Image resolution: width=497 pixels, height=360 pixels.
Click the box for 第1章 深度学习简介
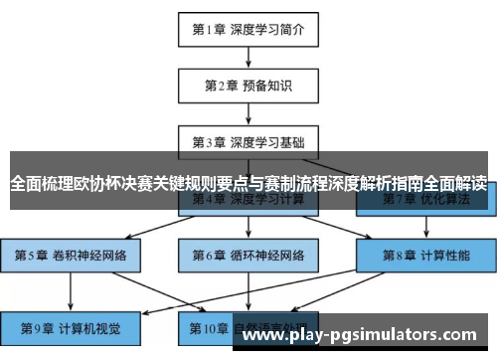[x=248, y=30]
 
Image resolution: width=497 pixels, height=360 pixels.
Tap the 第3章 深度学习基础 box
[x=248, y=142]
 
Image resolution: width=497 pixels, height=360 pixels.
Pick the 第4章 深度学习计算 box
[x=248, y=200]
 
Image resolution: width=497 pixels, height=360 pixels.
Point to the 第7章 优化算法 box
[x=424, y=200]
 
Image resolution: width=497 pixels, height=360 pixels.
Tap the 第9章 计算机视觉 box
[x=71, y=325]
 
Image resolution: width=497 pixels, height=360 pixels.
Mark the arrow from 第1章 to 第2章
[x=248, y=58]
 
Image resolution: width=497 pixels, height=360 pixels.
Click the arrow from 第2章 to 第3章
[x=248, y=114]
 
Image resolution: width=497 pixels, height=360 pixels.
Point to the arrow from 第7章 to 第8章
[x=424, y=228]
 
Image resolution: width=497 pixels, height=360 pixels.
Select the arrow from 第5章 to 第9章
[x=71, y=290]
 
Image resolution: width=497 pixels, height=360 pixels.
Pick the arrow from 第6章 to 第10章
[x=248, y=290]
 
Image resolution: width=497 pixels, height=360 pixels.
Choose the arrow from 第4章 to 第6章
[x=248, y=228]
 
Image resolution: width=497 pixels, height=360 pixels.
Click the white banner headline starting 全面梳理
[x=248, y=184]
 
